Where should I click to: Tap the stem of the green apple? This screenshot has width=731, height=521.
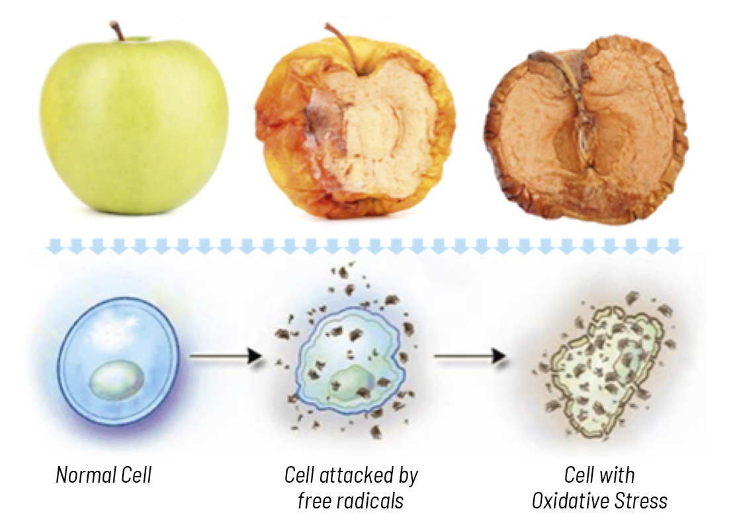tap(118, 31)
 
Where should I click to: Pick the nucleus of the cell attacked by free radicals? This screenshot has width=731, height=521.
tap(352, 383)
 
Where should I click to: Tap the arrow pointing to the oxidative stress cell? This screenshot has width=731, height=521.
tap(470, 356)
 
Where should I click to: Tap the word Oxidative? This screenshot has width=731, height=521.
tap(570, 501)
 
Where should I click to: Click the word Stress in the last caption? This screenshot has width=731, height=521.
tap(640, 501)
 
